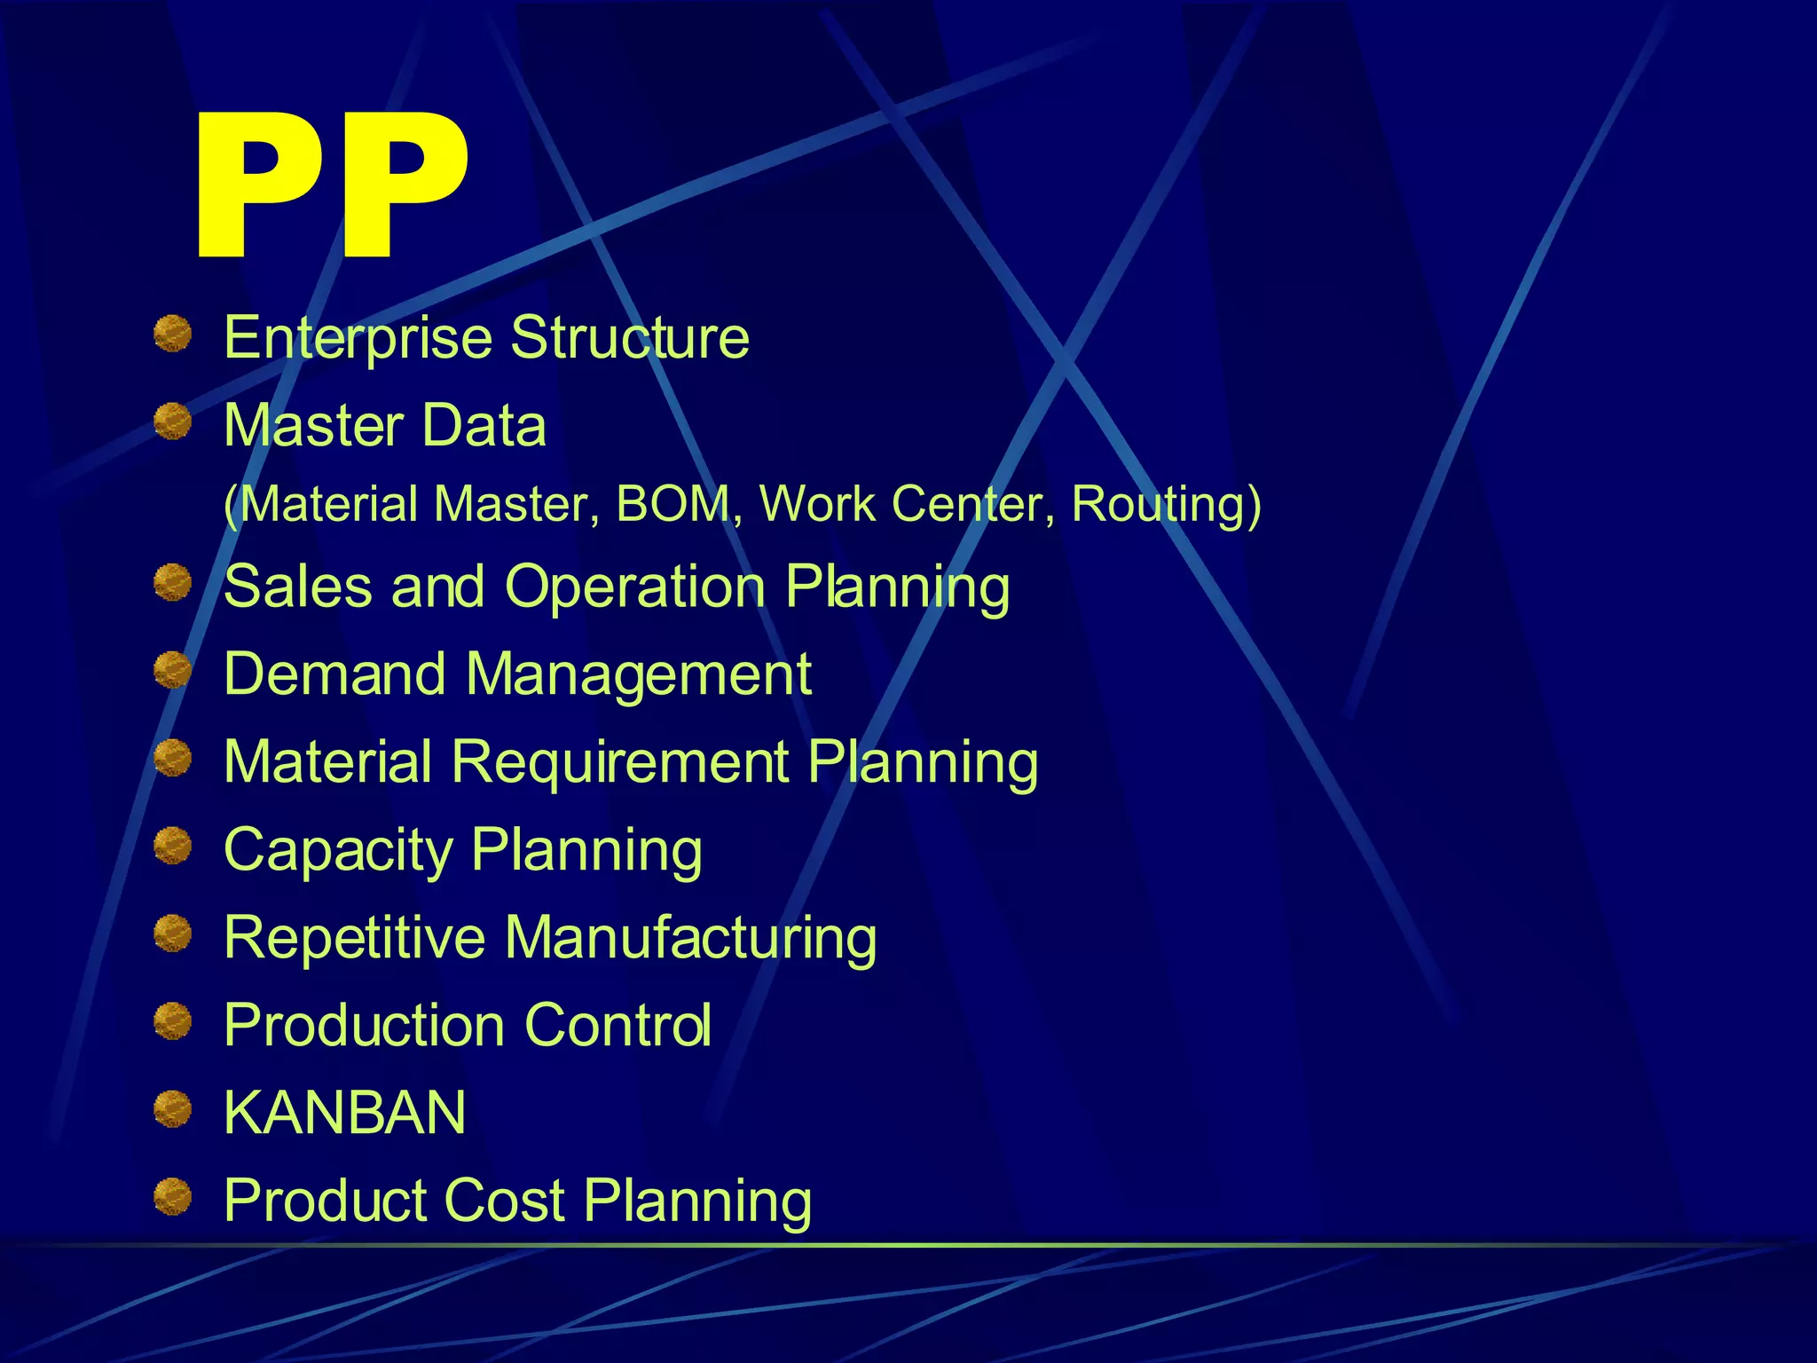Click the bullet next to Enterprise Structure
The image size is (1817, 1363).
tap(172, 335)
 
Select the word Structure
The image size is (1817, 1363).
tap(630, 338)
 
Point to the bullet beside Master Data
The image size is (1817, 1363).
tap(172, 422)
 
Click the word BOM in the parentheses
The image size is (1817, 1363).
tap(673, 504)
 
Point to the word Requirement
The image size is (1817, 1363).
tap(620, 762)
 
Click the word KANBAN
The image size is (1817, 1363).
tap(344, 1112)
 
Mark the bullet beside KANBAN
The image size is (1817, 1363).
tap(172, 1109)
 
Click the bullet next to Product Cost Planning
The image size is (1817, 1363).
tap(172, 1197)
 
